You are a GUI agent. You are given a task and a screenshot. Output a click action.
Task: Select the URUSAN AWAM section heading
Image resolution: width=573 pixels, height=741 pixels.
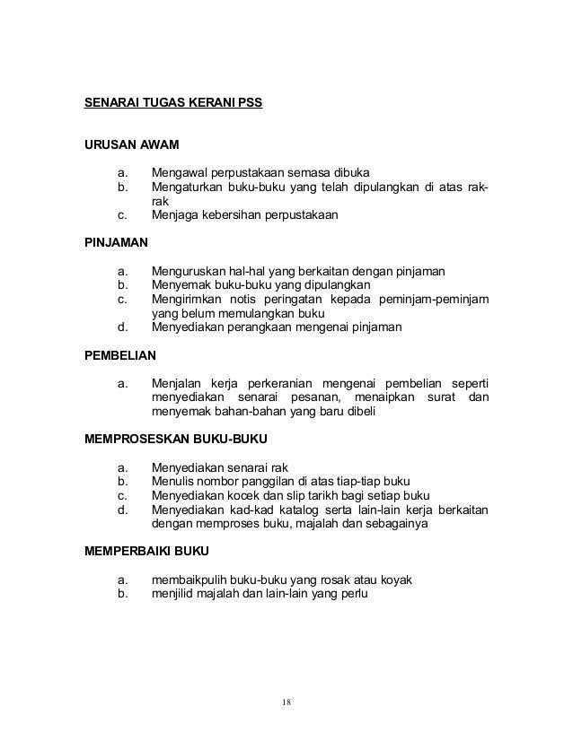(131, 144)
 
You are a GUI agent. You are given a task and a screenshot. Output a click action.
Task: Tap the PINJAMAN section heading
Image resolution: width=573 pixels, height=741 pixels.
(117, 242)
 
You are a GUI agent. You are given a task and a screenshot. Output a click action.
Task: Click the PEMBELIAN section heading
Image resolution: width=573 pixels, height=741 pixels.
(119, 355)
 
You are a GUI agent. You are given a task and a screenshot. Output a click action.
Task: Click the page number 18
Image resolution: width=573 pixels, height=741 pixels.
(286, 701)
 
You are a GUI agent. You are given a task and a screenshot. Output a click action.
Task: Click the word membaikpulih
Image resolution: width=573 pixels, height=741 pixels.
(189, 580)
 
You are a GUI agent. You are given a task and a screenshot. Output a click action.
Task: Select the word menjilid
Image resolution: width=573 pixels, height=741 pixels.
(175, 595)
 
